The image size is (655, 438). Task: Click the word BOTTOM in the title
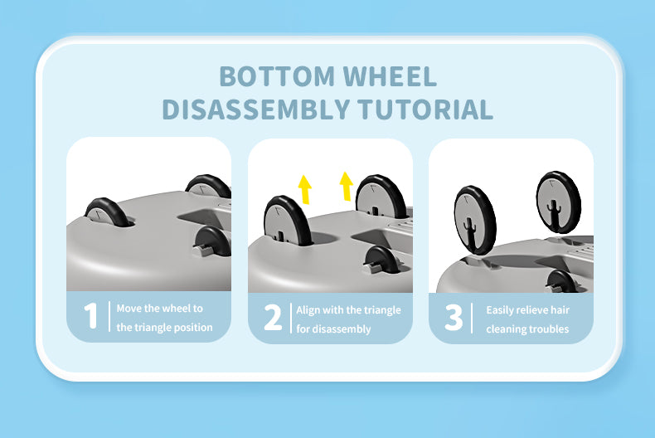277,76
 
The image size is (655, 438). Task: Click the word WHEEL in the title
390,76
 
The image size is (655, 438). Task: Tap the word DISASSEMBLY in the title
255,109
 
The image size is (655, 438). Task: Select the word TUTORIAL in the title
425,109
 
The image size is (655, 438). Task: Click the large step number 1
90,315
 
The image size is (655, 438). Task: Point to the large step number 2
273,317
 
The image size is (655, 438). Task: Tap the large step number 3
454,317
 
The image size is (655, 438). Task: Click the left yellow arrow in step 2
305,189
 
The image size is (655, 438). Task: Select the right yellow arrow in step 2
347,186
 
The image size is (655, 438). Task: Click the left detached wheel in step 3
475,221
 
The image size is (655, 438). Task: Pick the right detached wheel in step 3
559,202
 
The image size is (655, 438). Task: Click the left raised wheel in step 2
289,221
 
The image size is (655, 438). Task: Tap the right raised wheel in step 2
380,197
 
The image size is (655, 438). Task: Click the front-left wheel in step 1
108,212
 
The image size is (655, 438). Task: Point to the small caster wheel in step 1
212,242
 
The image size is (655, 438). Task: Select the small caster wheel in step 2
381,260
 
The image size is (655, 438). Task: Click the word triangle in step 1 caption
150,327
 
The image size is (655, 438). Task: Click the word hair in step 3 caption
560,310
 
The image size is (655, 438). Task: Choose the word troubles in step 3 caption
549,329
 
